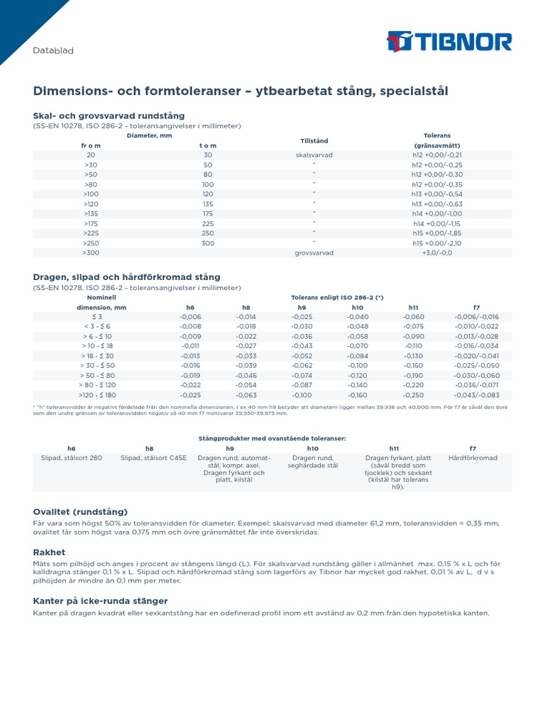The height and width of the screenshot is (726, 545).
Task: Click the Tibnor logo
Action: tap(448, 42)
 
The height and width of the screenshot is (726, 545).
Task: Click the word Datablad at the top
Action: tap(54, 51)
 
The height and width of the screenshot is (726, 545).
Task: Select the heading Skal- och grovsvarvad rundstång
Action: tap(109, 116)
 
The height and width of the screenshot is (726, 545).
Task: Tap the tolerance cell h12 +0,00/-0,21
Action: tap(437, 155)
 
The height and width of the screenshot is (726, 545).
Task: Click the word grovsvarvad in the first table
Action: tap(314, 252)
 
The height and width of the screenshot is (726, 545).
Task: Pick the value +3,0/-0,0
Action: tap(437, 252)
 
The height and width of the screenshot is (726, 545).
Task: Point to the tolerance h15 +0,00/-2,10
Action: tap(437, 242)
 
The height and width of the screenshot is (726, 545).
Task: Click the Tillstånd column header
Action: tap(314, 140)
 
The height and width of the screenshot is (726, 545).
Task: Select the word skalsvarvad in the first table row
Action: tap(314, 155)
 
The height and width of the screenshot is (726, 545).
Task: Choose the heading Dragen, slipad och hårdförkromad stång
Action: tap(126, 277)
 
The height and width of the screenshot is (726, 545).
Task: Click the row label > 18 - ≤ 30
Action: tap(97, 356)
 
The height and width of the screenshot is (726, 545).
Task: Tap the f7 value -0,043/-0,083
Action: tap(477, 395)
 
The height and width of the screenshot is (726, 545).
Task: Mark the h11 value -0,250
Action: tap(413, 395)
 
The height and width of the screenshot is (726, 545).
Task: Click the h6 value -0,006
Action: tap(190, 317)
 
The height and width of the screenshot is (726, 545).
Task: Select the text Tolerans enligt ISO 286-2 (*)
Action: tap(337, 298)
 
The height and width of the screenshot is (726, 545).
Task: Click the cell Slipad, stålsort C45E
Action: tap(153, 458)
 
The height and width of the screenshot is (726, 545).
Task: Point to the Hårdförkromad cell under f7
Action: tap(473, 458)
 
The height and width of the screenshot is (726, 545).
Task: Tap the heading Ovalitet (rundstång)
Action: tap(80, 511)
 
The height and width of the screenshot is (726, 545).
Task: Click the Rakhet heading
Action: tap(49, 552)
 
